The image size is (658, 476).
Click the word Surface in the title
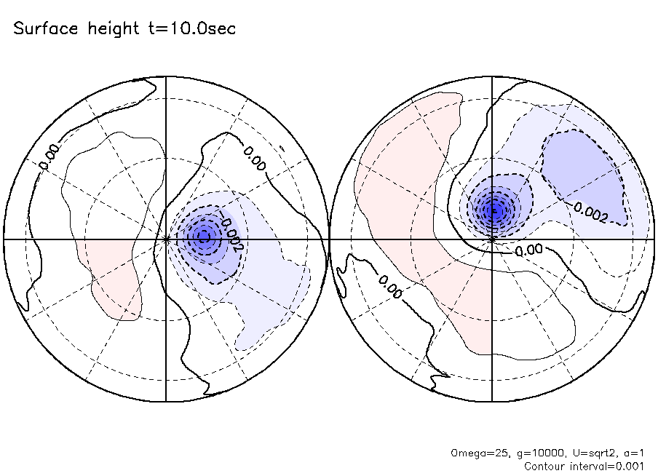41,29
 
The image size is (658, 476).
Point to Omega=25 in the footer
476,453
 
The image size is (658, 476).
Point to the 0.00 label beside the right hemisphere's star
528,250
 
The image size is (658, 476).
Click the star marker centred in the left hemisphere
167,239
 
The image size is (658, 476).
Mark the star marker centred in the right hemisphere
493,239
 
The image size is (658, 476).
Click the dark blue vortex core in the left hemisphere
203,236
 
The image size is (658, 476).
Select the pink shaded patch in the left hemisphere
113,280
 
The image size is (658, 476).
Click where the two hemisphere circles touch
330,239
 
